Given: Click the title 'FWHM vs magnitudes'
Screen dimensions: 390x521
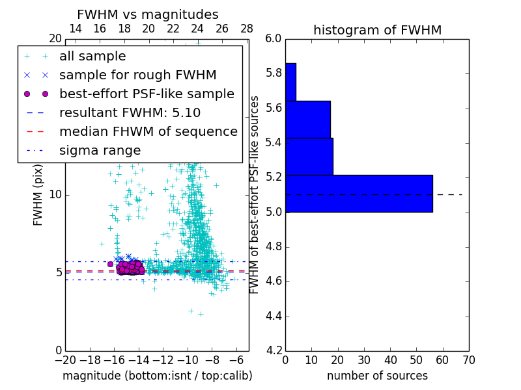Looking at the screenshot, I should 147,14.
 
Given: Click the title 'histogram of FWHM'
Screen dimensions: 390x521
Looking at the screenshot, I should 377,30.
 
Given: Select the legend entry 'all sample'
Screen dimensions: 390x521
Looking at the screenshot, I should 92,57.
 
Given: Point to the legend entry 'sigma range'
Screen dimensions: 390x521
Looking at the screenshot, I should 100,150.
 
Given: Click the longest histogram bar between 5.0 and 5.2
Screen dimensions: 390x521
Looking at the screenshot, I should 359,193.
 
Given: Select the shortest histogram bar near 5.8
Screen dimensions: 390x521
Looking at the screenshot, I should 290,82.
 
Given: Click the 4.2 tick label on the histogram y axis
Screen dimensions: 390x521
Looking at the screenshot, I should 274,351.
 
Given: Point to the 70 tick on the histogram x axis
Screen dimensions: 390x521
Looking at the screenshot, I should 468,359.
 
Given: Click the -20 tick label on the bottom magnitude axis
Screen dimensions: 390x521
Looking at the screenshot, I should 65,359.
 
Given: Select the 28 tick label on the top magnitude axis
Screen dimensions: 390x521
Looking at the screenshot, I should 247,29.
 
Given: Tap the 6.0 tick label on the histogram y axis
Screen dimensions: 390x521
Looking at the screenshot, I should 274,38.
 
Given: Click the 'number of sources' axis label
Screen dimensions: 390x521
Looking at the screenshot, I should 377,376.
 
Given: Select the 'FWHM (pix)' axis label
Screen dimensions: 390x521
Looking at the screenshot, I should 38,196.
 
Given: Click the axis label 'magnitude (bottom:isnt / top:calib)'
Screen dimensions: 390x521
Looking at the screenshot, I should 157,376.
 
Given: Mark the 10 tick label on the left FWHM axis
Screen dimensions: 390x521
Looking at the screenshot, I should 55,194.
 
